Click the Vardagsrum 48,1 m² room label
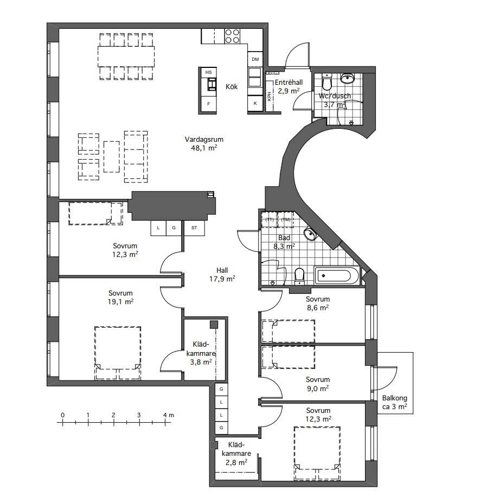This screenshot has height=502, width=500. tap(204, 143)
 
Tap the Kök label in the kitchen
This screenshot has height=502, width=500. tap(232, 87)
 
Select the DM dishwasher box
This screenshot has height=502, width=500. tap(255, 59)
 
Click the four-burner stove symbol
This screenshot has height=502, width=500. tap(232, 36)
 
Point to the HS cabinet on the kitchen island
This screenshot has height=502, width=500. tap(208, 72)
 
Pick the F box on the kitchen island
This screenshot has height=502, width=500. tap(209, 104)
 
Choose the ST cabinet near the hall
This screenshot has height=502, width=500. tap(194, 228)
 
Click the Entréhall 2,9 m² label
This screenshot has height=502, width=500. tap(289, 86)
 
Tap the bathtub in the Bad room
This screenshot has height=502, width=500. tap(337, 275)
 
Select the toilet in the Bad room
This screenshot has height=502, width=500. tap(299, 277)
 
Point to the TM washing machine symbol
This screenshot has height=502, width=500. tap(286, 219)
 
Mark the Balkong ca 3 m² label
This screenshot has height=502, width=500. tap(395, 403)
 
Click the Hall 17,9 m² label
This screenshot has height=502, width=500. tap(222, 275)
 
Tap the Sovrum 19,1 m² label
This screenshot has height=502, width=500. tap(120, 297)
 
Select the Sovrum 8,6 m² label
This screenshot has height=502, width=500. tap(318, 304)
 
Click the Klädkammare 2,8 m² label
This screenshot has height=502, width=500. tap(236, 454)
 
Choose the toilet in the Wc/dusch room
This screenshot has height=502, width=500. tap(326, 82)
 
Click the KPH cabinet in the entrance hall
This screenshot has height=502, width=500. tap(270, 96)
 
